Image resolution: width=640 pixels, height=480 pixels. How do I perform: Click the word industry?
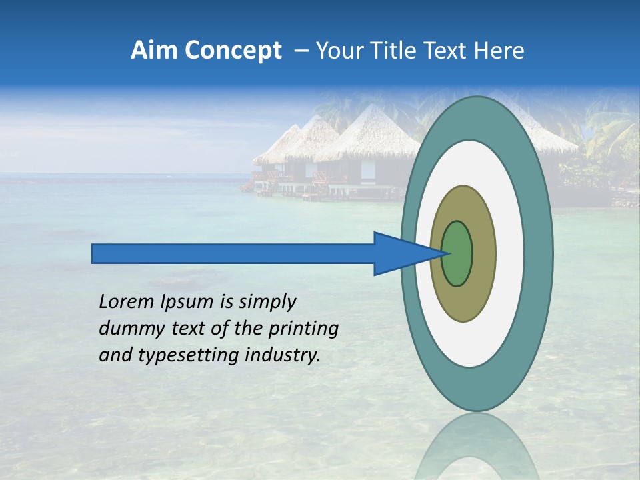[x=283, y=355]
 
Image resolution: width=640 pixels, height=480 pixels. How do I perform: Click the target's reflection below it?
[x=477, y=447]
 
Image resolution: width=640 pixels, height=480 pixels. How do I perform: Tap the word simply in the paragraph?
[x=267, y=303]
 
